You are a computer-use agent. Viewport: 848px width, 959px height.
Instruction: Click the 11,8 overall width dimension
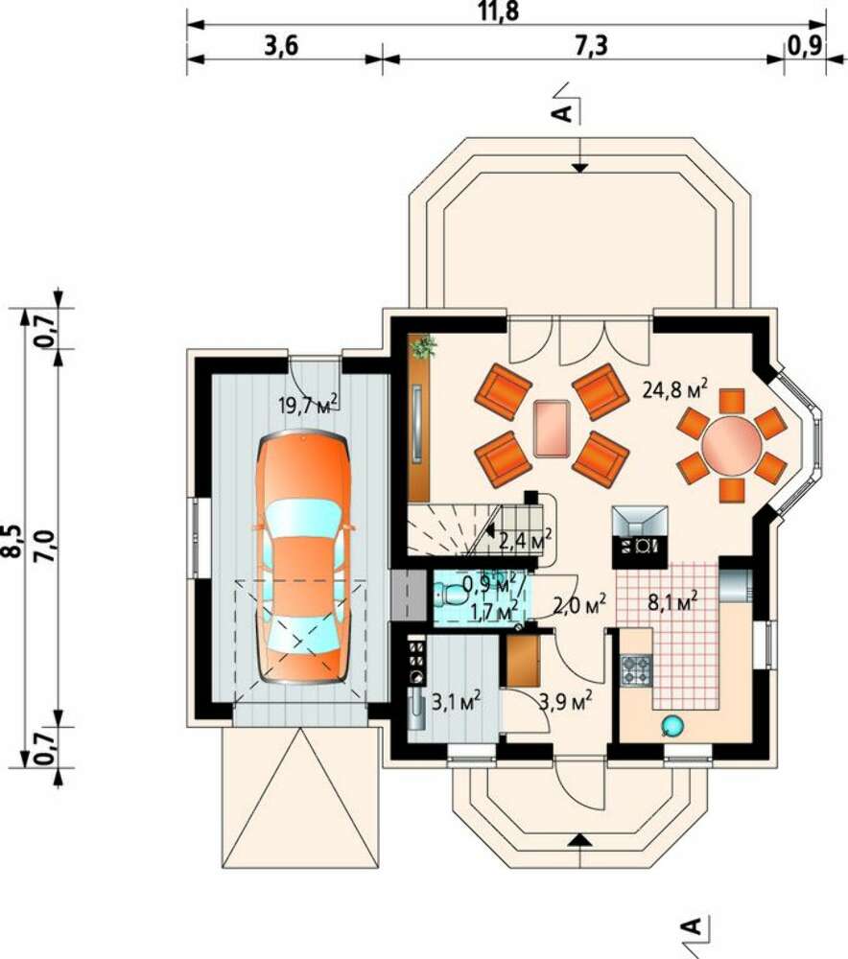point(499,11)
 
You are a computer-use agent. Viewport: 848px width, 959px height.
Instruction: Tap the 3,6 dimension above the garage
point(281,45)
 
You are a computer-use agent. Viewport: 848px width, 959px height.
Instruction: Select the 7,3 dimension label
point(592,45)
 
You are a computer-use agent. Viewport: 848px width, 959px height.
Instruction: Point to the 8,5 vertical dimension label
point(12,542)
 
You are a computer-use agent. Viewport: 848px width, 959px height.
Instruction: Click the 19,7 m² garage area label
point(308,404)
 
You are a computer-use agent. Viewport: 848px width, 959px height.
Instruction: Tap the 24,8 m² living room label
point(675,389)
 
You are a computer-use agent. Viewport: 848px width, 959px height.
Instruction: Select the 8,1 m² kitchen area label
point(673,602)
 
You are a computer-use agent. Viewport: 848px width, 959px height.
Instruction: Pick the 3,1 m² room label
point(457,701)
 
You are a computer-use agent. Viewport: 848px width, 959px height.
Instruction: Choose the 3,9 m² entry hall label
point(565,701)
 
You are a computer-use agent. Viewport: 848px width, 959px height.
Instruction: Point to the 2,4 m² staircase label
point(525,541)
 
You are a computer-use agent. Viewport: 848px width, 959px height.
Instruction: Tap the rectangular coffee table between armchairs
point(552,429)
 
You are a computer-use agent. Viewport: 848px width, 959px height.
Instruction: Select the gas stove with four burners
point(636,669)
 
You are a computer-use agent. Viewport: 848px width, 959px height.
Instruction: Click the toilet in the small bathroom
point(452,594)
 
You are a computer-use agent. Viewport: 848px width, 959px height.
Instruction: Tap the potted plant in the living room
point(423,347)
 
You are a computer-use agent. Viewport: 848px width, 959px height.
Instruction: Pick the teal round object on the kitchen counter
point(671,725)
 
